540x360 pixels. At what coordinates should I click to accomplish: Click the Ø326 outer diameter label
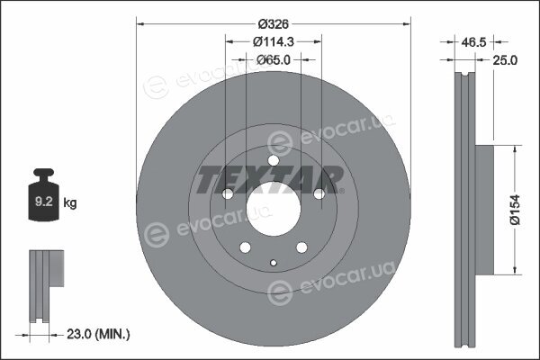[x=274, y=24]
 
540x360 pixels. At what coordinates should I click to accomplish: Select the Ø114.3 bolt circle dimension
[x=274, y=42]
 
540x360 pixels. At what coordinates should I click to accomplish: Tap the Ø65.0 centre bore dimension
[x=274, y=60]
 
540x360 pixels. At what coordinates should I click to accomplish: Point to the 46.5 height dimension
[x=473, y=42]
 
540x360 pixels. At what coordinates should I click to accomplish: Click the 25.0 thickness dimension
[x=505, y=60]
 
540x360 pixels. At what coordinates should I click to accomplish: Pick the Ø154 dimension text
[x=516, y=210]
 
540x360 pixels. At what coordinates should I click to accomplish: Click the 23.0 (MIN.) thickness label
[x=98, y=334]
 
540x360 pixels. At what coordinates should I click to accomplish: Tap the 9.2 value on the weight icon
[x=44, y=202]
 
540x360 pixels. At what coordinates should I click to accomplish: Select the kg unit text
[x=70, y=202]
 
